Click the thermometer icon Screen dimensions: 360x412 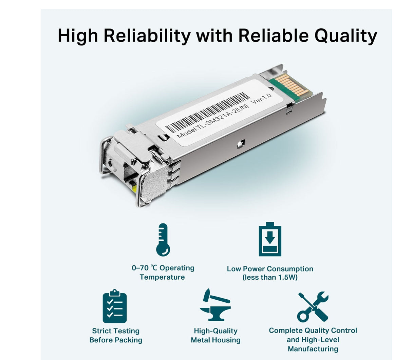[163, 240]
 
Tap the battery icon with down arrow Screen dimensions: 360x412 [270, 239]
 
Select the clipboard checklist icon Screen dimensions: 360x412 [115, 306]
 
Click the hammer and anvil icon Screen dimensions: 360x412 [215, 305]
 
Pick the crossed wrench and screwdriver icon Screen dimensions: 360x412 [313, 306]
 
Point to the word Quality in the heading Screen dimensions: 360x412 [345, 36]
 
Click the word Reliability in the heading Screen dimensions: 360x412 [147, 36]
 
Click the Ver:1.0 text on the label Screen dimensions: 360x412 [261, 99]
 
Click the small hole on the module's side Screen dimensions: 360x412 [240, 144]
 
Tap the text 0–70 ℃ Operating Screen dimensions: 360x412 [163, 268]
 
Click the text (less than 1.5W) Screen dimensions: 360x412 [270, 277]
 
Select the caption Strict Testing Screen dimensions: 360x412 [116, 331]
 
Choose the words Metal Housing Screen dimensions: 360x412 [216, 340]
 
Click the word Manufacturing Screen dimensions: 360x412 [313, 349]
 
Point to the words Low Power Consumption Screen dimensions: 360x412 [270, 269]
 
